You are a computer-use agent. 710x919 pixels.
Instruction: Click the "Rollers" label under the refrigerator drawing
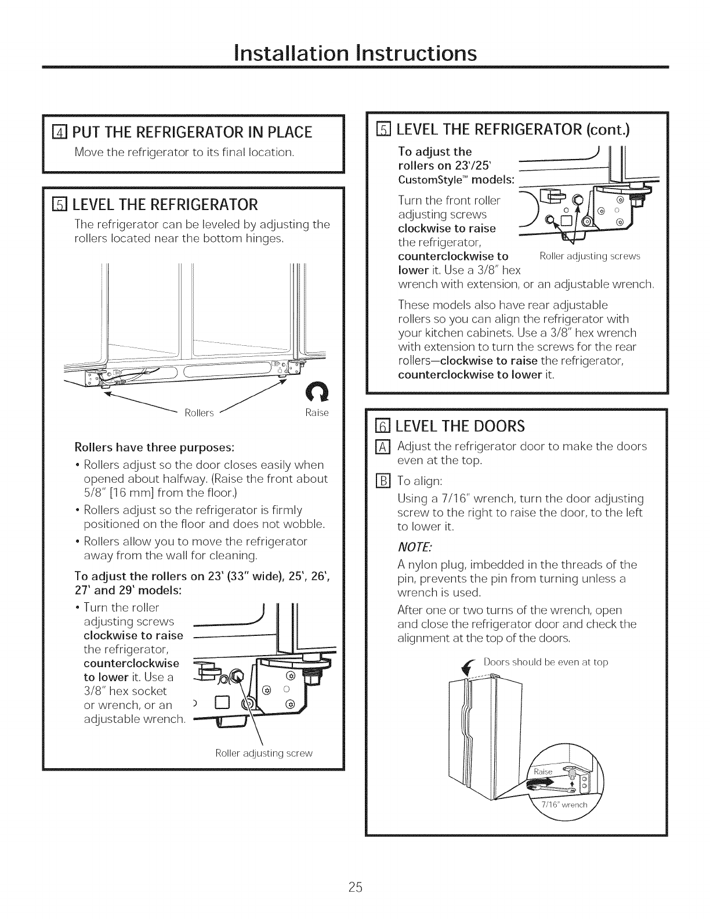[x=200, y=413]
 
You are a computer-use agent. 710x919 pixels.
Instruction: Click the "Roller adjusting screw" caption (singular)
[x=264, y=753]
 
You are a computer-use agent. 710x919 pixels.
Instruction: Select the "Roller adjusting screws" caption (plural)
[x=589, y=256]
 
